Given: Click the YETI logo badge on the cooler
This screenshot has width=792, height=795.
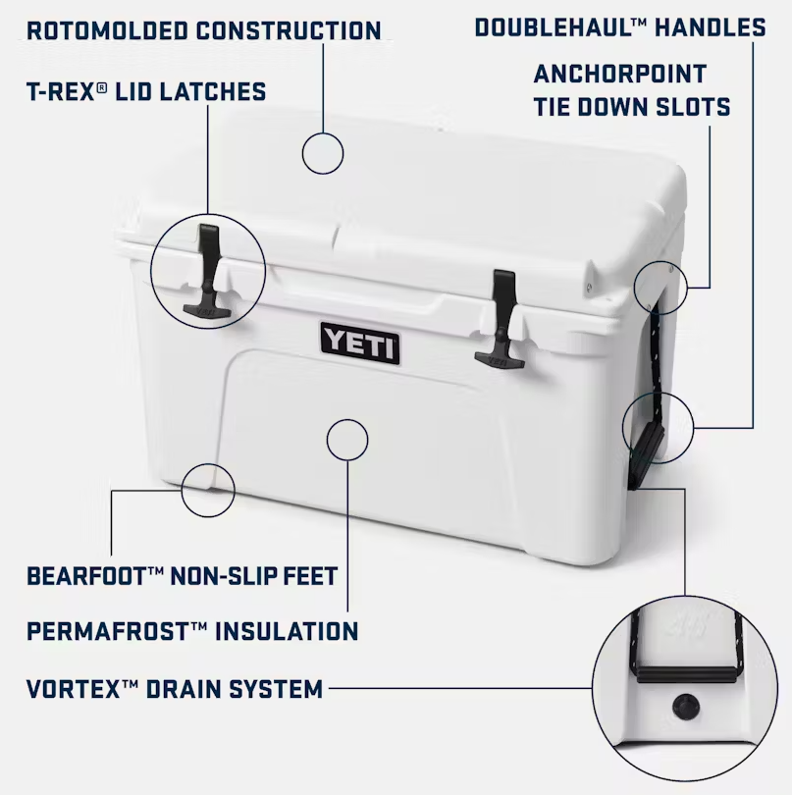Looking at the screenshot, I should click(360, 344).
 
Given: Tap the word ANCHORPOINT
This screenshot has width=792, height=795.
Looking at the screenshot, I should click(619, 74).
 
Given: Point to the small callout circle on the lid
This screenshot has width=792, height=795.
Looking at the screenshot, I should click(323, 154).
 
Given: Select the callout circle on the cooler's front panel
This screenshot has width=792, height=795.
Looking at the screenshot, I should click(347, 439).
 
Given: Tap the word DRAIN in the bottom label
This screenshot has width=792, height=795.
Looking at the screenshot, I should click(184, 688).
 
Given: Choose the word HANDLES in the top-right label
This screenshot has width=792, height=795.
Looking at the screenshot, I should click(709, 26).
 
